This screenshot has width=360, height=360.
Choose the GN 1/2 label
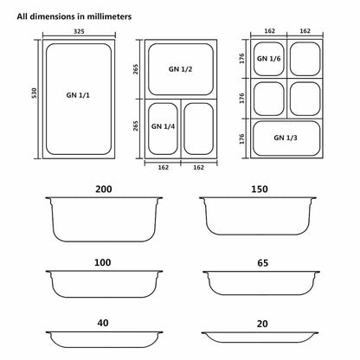pos(179,67)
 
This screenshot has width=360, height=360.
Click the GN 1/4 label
pos(162,125)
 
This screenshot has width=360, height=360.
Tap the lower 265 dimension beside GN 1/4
pos(137,125)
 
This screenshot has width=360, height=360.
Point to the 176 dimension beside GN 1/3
pos(242,137)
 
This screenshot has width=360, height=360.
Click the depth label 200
pos(105,188)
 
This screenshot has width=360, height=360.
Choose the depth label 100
pos(105,260)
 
